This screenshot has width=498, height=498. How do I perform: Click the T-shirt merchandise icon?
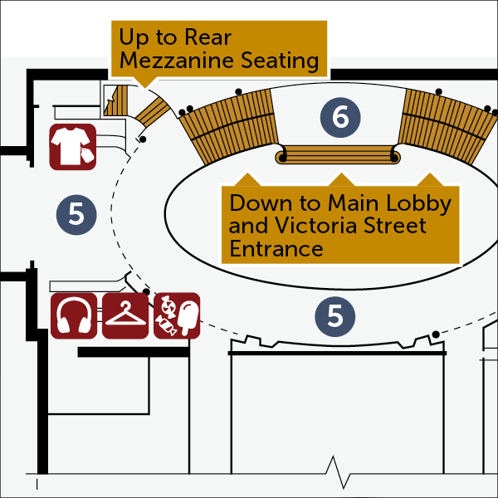pyautogui.click(x=73, y=147)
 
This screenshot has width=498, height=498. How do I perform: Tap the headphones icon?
pyautogui.click(x=74, y=315)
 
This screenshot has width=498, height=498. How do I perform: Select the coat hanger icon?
pyautogui.click(x=125, y=315)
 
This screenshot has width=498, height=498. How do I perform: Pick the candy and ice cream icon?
pyautogui.click(x=177, y=315)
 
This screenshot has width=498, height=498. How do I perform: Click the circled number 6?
pyautogui.click(x=340, y=118)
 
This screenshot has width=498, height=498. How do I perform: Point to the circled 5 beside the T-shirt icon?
pyautogui.click(x=76, y=214)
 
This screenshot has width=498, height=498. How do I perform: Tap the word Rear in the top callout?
pyautogui.click(x=203, y=37)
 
